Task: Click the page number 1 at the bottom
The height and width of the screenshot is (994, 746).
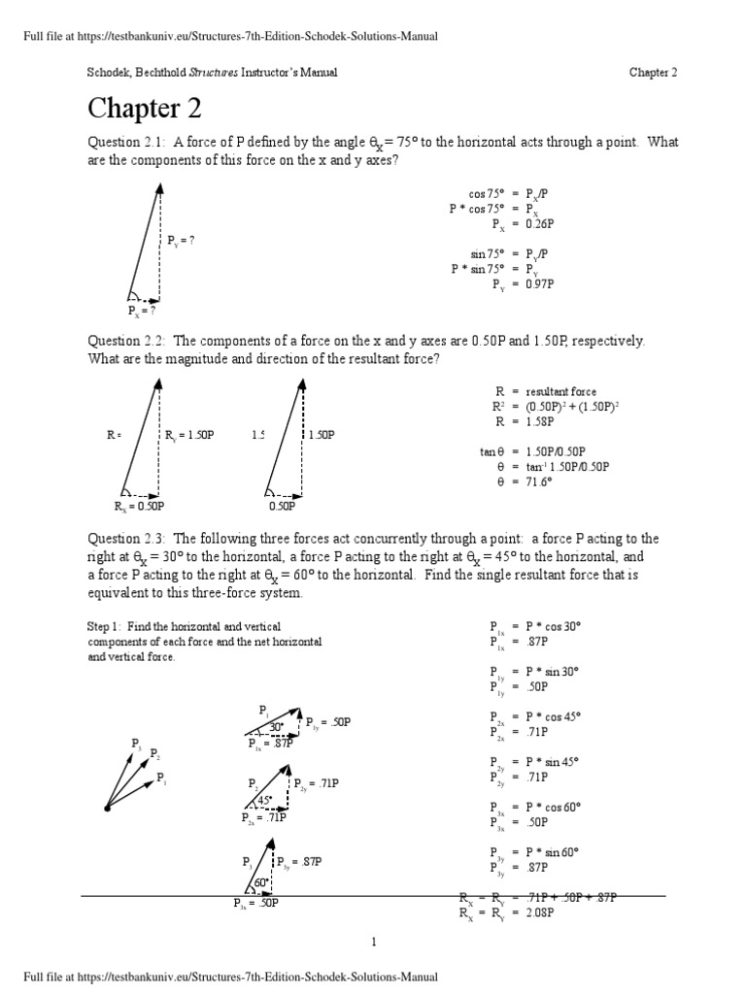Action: tap(373, 942)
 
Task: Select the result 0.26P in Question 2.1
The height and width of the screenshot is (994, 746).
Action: tap(539, 222)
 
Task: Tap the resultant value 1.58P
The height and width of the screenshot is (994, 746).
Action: tap(539, 422)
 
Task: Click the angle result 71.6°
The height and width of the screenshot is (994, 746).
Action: tap(539, 481)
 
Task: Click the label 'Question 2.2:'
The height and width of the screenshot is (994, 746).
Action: tap(127, 342)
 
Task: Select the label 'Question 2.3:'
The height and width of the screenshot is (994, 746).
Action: tap(127, 539)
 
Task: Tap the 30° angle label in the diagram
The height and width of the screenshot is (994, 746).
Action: tap(276, 727)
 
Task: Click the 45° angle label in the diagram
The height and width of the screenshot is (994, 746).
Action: tap(263, 800)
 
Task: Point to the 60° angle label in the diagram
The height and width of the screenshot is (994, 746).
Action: tap(260, 883)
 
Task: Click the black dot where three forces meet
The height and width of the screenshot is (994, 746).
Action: tap(107, 808)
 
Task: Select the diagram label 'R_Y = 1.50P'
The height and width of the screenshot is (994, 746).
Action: tap(189, 436)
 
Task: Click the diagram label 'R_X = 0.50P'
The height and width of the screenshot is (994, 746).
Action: tap(139, 506)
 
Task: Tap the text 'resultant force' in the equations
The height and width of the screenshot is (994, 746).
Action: tap(564, 391)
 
